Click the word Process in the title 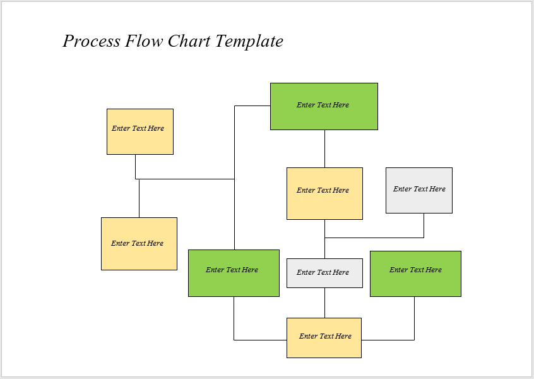pos(92,42)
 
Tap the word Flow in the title pos(145,41)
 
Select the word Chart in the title pos(189,41)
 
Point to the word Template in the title pos(249,42)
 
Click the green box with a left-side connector pos(324,106)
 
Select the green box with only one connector pos(415,274)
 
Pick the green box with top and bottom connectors pos(234,273)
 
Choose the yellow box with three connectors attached pos(324,338)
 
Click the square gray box pos(419,190)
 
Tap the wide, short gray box pos(324,273)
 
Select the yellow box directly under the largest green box pos(324,193)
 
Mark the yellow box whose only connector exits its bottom pos(140,131)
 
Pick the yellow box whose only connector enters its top pos(139,244)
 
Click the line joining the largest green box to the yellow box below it pos(324,148)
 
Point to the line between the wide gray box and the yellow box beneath pos(324,303)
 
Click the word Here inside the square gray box pos(437,189)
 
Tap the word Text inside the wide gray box pos(323,272)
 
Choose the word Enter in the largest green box pos(305,105)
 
